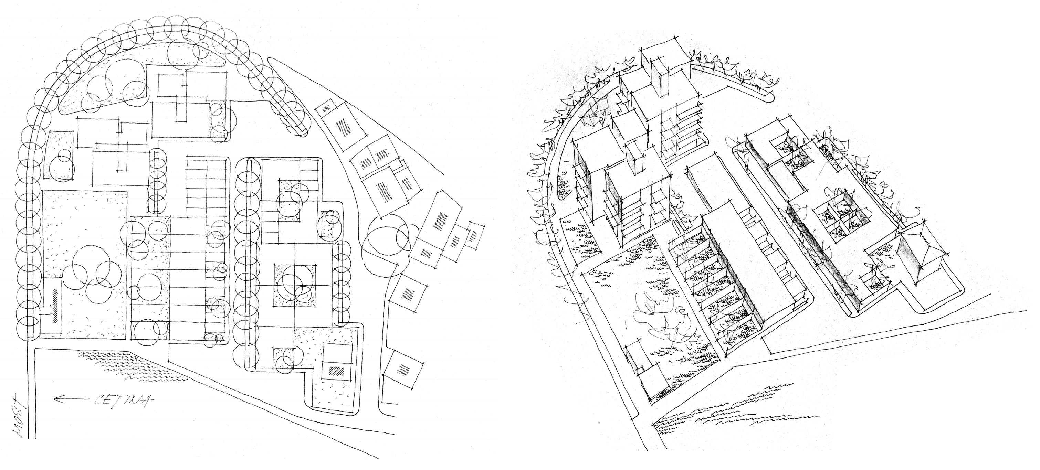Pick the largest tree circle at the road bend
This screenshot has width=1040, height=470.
coord(386,241)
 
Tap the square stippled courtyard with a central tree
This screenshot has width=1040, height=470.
coord(295,285)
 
